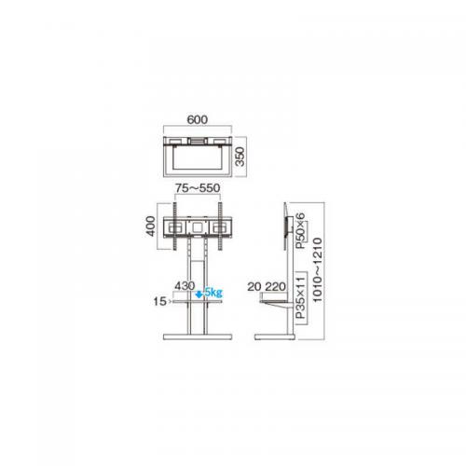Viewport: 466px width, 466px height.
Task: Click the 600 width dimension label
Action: [x=198, y=119]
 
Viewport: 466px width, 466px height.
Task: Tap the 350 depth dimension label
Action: [x=240, y=157]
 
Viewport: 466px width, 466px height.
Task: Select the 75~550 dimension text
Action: [x=198, y=188]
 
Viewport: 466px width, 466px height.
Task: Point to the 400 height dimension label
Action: [x=150, y=226]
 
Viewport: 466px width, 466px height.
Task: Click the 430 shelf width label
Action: [x=185, y=286]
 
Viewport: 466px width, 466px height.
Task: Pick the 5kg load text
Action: [x=213, y=293]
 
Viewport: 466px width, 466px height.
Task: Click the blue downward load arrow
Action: [x=199, y=294]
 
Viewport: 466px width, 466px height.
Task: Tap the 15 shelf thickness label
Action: [x=160, y=301]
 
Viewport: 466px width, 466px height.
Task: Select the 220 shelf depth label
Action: [x=275, y=287]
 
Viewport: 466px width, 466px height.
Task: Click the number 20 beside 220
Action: [x=254, y=287]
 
